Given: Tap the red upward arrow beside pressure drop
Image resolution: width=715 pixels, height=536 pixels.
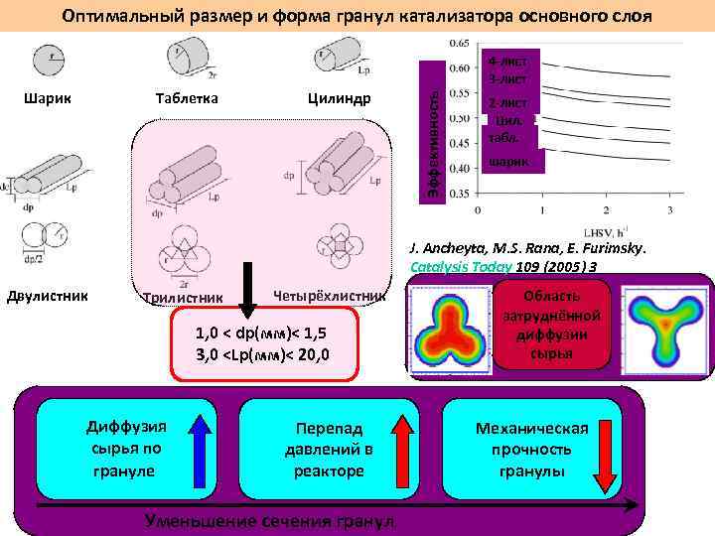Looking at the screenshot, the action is (x=401, y=444).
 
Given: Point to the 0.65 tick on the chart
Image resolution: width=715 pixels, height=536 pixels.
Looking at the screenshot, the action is (x=460, y=44).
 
